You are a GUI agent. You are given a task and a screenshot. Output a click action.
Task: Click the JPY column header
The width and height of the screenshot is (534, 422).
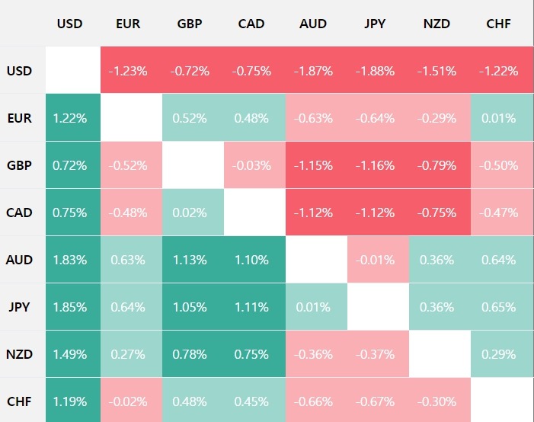coord(375,24)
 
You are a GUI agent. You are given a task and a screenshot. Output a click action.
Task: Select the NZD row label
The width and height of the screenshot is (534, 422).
coord(20,354)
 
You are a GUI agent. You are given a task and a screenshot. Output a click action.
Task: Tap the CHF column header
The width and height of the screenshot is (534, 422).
coord(498,24)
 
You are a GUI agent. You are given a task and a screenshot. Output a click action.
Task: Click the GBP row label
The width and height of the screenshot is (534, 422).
coord(20,165)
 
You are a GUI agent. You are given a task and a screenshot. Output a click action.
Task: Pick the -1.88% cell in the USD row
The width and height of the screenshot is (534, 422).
coord(375,71)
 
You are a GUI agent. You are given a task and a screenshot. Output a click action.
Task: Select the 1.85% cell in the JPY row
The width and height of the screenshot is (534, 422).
coord(70,307)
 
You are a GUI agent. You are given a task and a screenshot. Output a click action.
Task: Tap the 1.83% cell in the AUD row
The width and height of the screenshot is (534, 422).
coord(70,260)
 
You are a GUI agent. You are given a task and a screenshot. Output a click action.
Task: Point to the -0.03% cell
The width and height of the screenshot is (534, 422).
coord(251,165)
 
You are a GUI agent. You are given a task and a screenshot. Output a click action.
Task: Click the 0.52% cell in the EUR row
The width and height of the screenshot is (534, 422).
coord(190,118)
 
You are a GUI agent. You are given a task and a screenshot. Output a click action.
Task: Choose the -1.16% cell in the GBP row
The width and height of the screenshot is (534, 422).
coord(375,165)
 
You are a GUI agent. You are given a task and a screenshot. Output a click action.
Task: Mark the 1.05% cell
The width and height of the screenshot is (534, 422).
coord(190,307)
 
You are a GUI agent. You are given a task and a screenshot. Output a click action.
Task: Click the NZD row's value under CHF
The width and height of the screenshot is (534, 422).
coord(498,354)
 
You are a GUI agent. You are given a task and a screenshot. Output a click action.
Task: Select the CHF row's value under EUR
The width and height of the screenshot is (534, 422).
coord(128,401)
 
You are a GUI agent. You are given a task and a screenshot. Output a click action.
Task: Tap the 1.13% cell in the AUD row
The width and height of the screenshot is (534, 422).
coord(190,260)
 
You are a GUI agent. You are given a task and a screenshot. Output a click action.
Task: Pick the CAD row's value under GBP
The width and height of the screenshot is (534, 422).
coord(190,213)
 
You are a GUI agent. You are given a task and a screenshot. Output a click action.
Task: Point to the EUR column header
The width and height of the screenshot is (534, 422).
coord(128,24)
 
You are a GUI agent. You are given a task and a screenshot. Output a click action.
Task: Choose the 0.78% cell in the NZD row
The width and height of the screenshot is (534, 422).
coord(190,354)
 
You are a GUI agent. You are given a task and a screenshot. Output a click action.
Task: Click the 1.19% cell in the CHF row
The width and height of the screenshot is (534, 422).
coord(70,401)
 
